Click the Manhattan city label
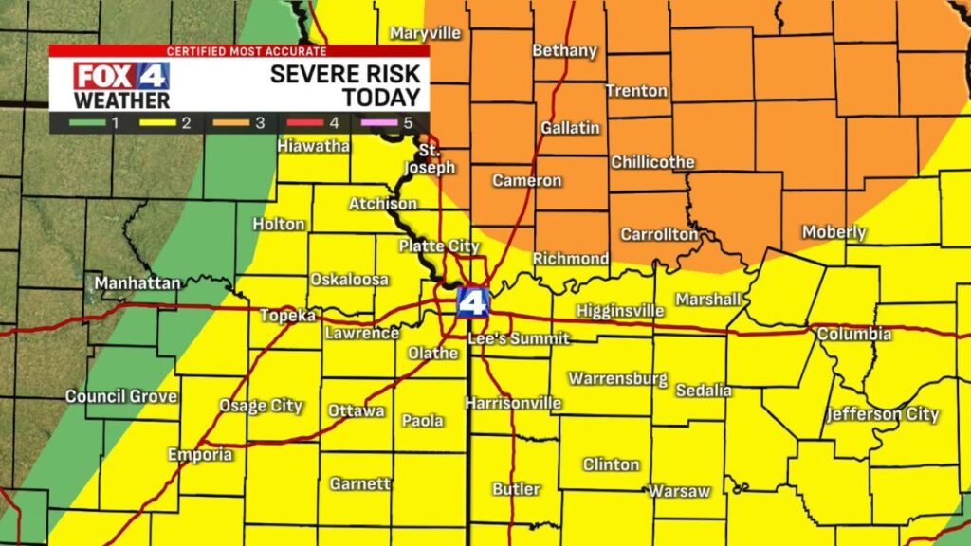(137, 282)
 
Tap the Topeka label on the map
(287, 316)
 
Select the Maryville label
(425, 33)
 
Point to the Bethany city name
(564, 50)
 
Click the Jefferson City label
(882, 414)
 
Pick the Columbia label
(853, 335)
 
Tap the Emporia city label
(200, 455)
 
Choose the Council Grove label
(120, 396)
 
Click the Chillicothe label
(652, 162)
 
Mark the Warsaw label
(679, 491)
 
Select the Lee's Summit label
(519, 338)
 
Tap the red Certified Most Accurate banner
(239, 50)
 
